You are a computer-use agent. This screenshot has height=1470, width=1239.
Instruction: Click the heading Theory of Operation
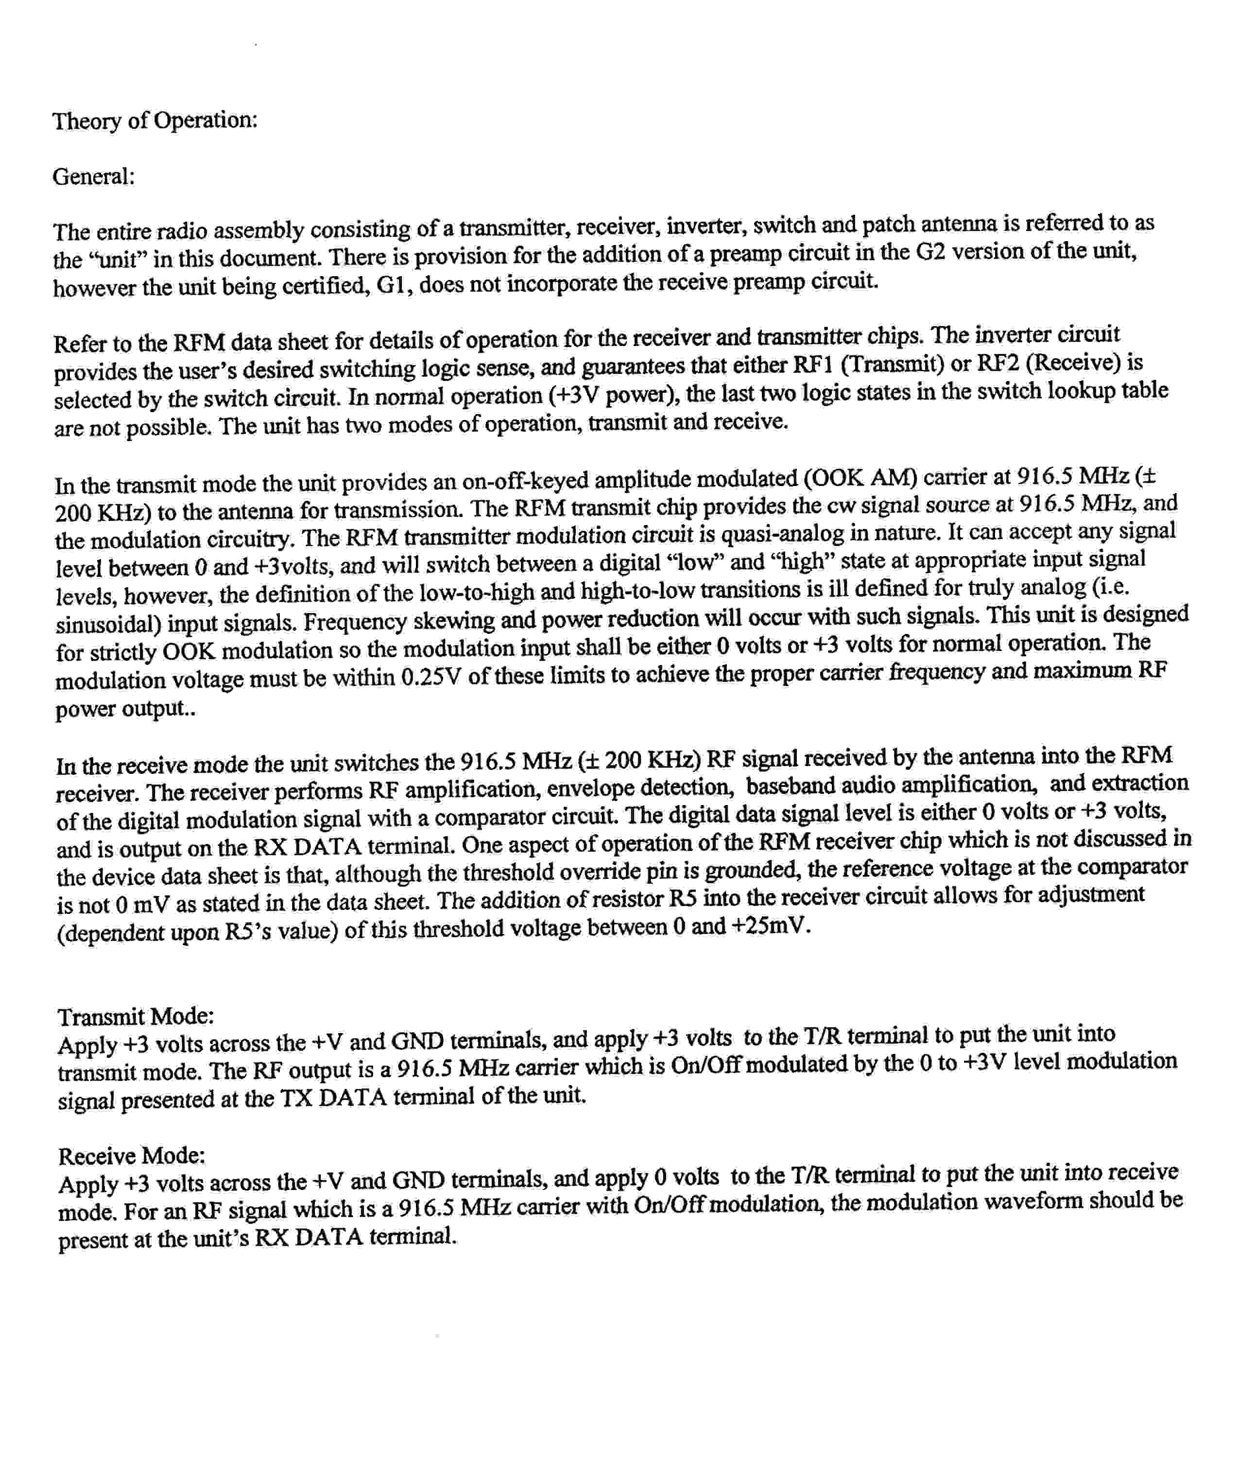pyautogui.click(x=155, y=121)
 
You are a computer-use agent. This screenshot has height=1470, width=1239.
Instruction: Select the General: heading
pyautogui.click(x=93, y=176)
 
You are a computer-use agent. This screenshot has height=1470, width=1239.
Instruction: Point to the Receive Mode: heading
pyautogui.click(x=131, y=1156)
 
